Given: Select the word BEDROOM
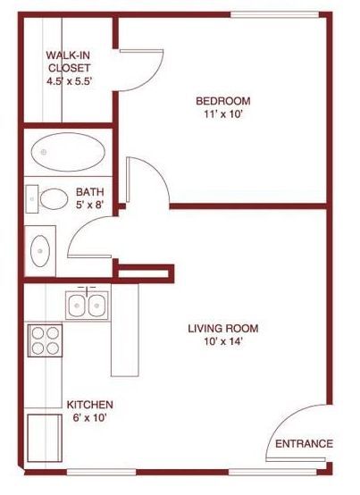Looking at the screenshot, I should coord(223,101).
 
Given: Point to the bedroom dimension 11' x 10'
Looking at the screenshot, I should coord(223,114).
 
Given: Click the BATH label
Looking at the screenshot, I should coord(88,192).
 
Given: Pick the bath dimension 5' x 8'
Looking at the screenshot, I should coord(88,205).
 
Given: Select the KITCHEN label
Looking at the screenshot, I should coord(91,405).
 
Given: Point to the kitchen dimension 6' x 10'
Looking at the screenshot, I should coord(91,417).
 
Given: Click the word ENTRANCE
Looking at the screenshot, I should coord(304,444).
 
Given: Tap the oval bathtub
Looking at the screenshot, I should coord(66,154).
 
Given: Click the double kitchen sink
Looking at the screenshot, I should coord(87,305).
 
